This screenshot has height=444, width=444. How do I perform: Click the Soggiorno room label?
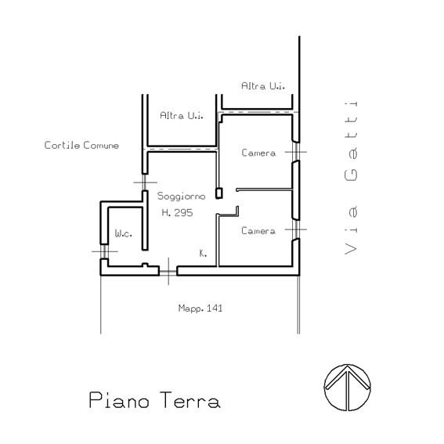point(181,197)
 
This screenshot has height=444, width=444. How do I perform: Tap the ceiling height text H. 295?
point(177,213)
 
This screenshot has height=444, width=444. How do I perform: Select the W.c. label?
point(124,233)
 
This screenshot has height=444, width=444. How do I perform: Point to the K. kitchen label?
point(203,254)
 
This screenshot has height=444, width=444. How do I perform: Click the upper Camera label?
point(258,153)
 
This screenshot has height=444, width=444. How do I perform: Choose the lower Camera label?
point(258,231)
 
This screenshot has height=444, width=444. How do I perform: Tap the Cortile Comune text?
point(81,146)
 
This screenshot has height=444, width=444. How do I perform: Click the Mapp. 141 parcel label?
point(200,308)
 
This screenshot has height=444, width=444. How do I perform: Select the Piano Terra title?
point(154,400)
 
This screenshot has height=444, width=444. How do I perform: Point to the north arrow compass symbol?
point(348,388)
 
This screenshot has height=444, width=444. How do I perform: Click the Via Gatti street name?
point(351,178)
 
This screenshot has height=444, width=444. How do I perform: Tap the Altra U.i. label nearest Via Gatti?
point(263,86)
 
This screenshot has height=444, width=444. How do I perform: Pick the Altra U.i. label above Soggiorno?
point(182,116)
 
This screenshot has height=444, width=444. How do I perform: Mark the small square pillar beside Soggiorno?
point(219,193)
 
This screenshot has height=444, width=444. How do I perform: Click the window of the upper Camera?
point(296,152)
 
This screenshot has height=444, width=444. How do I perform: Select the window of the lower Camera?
point(296,229)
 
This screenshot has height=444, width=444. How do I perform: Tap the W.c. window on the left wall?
point(104,251)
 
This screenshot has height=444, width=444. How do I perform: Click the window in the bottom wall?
point(168,271)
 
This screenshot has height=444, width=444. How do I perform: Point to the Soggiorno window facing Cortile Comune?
point(145,182)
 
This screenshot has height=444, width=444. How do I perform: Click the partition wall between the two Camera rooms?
point(264,190)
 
